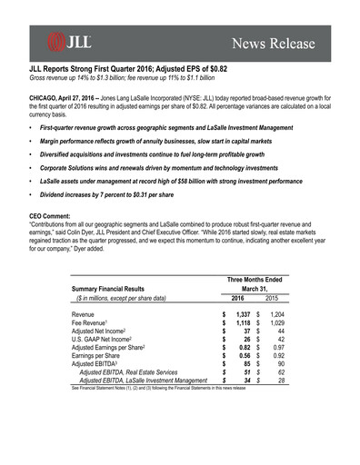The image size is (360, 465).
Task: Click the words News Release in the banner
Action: click(x=274, y=44)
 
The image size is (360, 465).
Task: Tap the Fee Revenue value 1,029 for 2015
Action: click(x=275, y=323)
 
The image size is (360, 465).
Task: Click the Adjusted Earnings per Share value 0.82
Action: click(x=243, y=347)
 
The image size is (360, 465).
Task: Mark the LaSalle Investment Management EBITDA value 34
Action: click(x=246, y=381)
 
